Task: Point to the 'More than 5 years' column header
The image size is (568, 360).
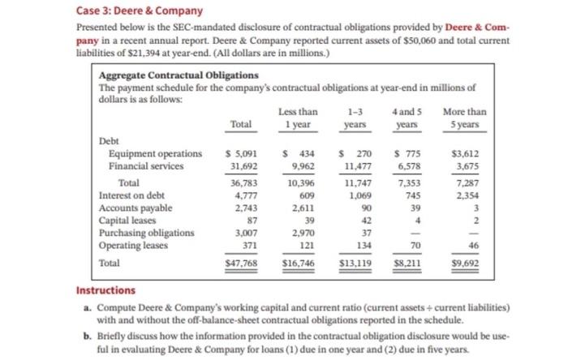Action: (x=466, y=118)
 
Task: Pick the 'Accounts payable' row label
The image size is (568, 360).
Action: (x=136, y=208)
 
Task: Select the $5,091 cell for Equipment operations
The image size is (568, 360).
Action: (x=240, y=154)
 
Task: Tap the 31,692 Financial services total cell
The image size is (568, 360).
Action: (x=242, y=167)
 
